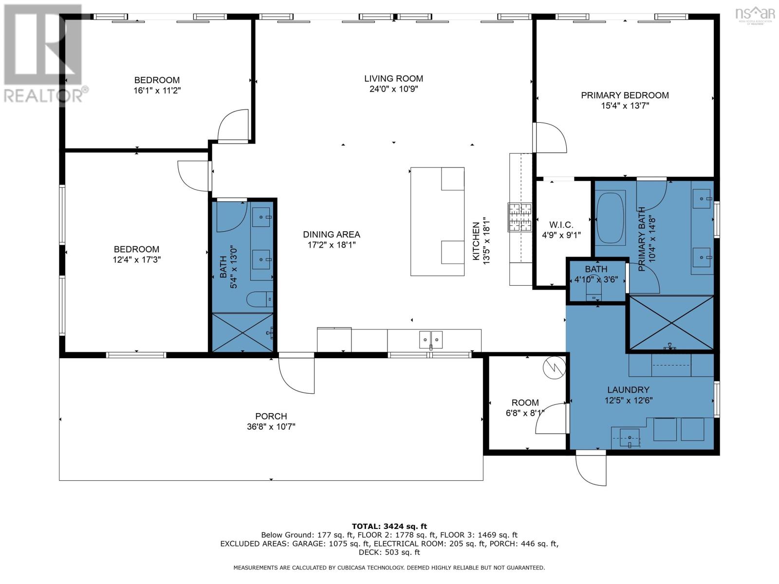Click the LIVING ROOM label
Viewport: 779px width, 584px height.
[x=393, y=78]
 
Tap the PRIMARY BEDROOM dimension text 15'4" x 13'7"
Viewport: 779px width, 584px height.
[x=625, y=105]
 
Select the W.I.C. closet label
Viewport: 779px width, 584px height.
[x=561, y=224]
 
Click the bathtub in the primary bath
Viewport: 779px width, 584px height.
[x=611, y=218]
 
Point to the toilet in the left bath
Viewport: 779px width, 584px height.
[x=260, y=300]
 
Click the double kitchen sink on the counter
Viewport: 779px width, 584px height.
[x=431, y=340]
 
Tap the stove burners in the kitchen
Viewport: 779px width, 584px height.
[x=520, y=217]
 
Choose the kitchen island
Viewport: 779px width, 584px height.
[x=437, y=221]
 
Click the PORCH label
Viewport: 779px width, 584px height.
[x=271, y=416]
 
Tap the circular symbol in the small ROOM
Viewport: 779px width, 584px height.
[x=555, y=368]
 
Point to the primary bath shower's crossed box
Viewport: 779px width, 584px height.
[x=671, y=323]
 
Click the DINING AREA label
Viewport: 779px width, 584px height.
[x=332, y=235]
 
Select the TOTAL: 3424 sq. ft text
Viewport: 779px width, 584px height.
[x=389, y=526]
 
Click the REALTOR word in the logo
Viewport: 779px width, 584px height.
[x=43, y=96]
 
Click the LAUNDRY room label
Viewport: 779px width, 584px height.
[x=628, y=390]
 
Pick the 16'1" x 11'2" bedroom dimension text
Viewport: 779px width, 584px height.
[x=157, y=91]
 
